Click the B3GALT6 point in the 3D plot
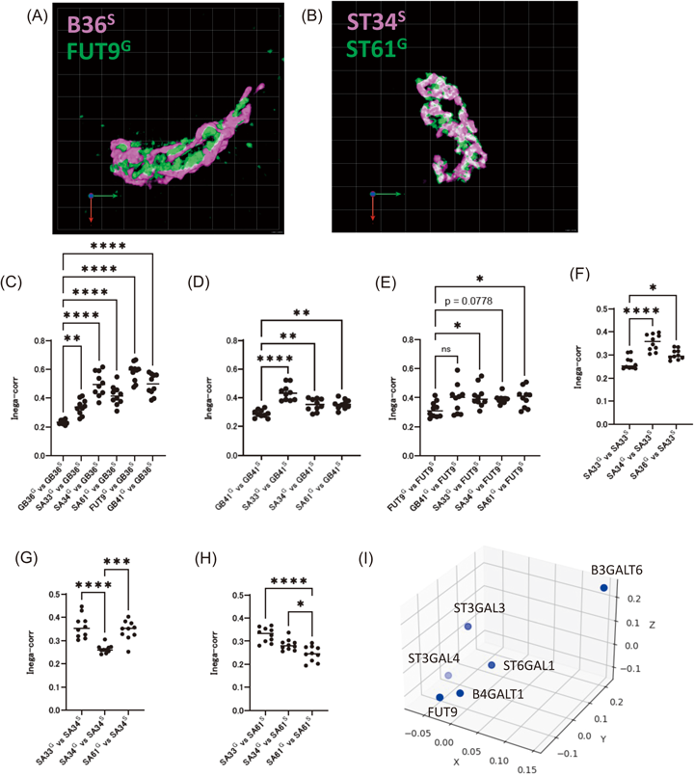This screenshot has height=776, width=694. [x=603, y=588]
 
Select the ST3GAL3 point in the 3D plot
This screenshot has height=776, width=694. [x=467, y=627]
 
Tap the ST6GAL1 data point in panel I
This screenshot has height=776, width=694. [x=492, y=665]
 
